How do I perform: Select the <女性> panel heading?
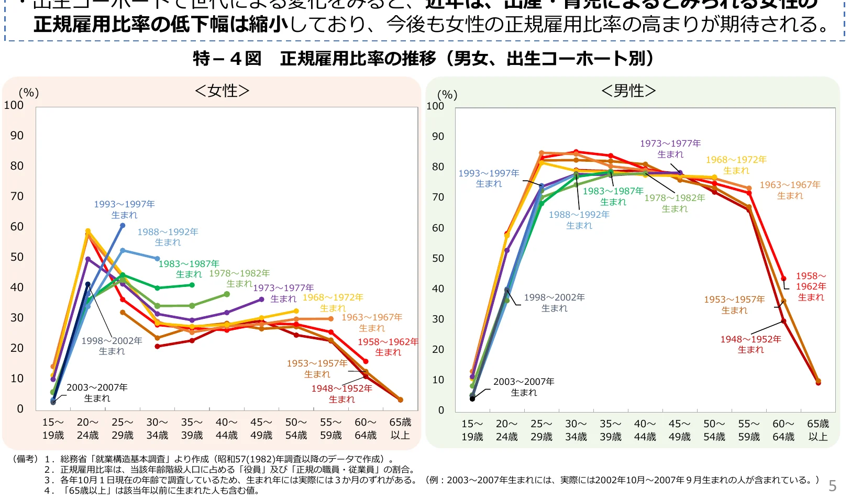pyautogui.click(x=222, y=91)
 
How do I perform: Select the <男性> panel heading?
pyautogui.click(x=628, y=91)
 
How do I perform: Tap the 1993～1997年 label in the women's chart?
pyautogui.click(x=124, y=209)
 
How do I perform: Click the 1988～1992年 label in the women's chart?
pyautogui.click(x=168, y=237)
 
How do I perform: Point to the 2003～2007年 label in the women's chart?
pyautogui.click(x=97, y=393)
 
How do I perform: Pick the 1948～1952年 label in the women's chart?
pyautogui.click(x=341, y=394)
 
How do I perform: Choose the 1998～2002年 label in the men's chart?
pyautogui.click(x=554, y=303)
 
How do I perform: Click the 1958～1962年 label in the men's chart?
pyautogui.click(x=811, y=286)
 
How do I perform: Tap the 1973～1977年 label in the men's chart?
pyautogui.click(x=670, y=149)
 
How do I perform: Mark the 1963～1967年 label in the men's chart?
pyautogui.click(x=790, y=190)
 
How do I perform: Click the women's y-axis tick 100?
pyautogui.click(x=14, y=105)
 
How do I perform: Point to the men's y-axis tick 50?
pyautogui.click(x=438, y=258)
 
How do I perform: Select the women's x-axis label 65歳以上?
pyautogui.click(x=400, y=429)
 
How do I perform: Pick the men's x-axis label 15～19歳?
pyautogui.click(x=472, y=430)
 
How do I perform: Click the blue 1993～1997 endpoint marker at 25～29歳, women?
pyautogui.click(x=123, y=226)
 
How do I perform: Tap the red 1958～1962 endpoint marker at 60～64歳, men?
pyautogui.click(x=783, y=279)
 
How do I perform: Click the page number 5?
pyautogui.click(x=832, y=486)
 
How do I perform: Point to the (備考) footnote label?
pyautogui.click(x=25, y=459)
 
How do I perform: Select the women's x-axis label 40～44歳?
pyautogui.click(x=226, y=429)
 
